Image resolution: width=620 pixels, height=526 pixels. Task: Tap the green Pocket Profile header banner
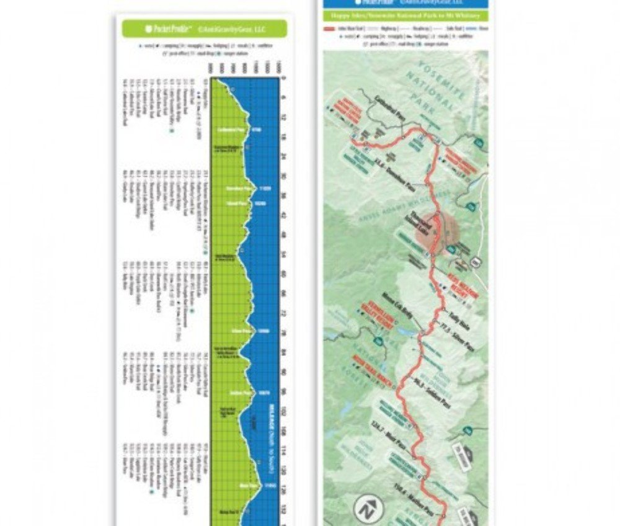tap(204, 29)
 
